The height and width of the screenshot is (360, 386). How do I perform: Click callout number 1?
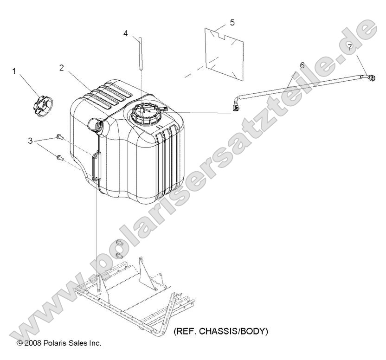(14, 71)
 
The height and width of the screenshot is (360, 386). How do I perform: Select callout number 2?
(62, 68)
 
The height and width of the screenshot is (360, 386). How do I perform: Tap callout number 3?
(30, 141)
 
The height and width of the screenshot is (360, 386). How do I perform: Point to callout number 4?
(126, 33)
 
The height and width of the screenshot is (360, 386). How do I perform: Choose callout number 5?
(232, 22)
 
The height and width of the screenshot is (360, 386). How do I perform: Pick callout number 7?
(357, 46)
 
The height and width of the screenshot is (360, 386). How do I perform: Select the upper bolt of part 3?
(60, 137)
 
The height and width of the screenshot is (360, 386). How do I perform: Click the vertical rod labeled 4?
(141, 54)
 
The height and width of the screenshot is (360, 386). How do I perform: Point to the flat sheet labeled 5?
(224, 54)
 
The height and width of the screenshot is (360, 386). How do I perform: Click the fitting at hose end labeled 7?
(371, 77)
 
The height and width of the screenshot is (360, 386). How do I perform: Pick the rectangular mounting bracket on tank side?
(96, 166)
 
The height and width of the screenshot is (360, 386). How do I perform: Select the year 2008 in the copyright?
(33, 343)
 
